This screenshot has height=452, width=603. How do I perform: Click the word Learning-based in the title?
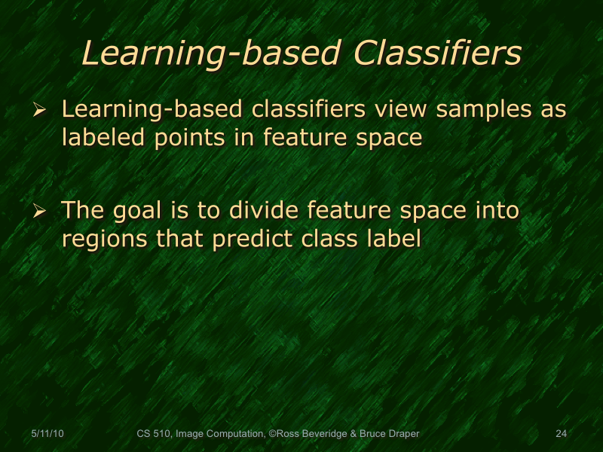pyautogui.click(x=206, y=54)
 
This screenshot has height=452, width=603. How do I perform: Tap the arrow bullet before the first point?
pyautogui.click(x=41, y=111)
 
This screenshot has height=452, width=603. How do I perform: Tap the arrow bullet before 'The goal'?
pyautogui.click(x=41, y=212)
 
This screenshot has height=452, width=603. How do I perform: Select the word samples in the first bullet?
pyautogui.click(x=465, y=110)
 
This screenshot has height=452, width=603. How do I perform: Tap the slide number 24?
pyautogui.click(x=561, y=434)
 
